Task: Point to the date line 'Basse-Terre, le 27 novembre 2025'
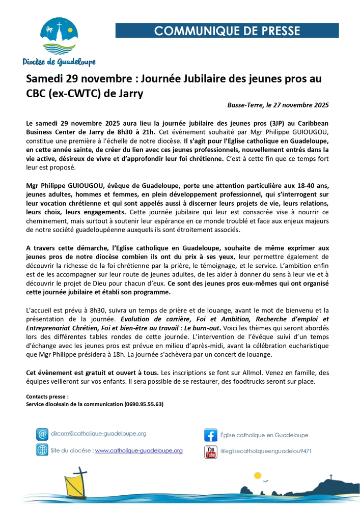coord(278,106)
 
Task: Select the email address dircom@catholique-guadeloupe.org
coord(99,434)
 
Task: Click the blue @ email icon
coord(42,434)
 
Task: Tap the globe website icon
coord(42,450)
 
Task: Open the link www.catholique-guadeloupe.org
coord(139,450)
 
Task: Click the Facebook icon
coord(210,435)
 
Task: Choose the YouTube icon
coord(210,451)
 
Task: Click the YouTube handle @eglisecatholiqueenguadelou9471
coord(266,451)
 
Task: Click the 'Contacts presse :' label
coord(47,396)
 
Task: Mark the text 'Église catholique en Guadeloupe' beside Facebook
coord(264,435)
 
